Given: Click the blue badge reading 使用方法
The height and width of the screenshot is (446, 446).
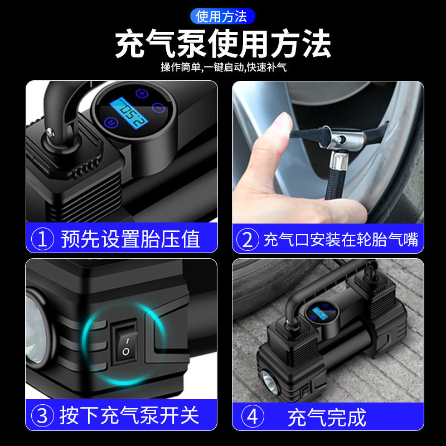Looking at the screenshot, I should [x=222, y=16].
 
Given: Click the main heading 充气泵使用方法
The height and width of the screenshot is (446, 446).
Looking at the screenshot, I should [x=222, y=45].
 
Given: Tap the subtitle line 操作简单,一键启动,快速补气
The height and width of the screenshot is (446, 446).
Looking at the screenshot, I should [x=223, y=67].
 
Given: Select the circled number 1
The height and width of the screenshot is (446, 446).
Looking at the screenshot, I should [x=43, y=239].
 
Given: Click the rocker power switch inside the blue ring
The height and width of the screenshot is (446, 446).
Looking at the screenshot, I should [x=126, y=342].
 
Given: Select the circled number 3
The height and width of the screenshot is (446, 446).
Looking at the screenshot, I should [x=43, y=415].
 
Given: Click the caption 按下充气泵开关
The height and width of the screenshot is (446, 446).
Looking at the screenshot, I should [x=130, y=415].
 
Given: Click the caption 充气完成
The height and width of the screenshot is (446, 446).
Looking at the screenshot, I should [x=327, y=416].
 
